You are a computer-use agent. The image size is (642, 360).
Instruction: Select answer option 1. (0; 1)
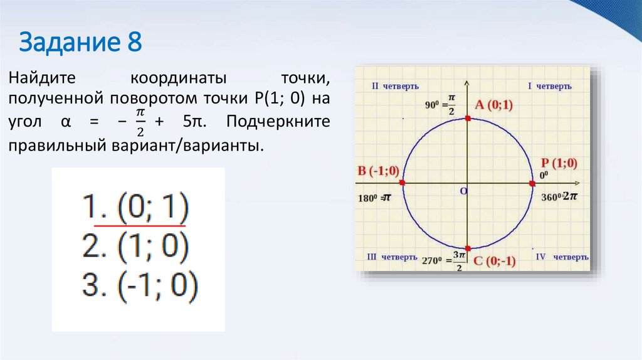click(x=135, y=208)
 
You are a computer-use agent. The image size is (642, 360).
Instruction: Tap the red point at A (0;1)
click(x=468, y=118)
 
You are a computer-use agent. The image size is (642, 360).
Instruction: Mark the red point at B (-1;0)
click(x=402, y=183)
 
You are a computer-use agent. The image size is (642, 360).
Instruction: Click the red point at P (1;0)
click(x=532, y=183)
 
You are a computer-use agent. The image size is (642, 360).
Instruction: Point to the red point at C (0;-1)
click(x=468, y=248)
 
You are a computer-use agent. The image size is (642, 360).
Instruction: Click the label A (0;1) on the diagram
click(x=493, y=105)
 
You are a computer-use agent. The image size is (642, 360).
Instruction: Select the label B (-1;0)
click(x=378, y=171)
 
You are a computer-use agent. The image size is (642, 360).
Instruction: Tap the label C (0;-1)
click(x=494, y=262)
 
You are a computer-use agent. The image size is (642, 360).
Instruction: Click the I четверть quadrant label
click(x=549, y=85)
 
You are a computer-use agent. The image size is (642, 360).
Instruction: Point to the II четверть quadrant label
click(x=395, y=86)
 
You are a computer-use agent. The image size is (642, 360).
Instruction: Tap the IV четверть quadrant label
click(x=562, y=257)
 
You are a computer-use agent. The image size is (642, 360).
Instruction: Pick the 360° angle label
click(x=551, y=197)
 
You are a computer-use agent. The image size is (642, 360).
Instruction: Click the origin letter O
click(x=464, y=190)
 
